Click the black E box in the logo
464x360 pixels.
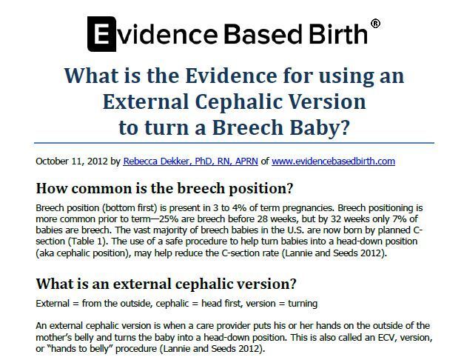(x=101, y=34)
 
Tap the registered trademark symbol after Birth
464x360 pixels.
(x=375, y=24)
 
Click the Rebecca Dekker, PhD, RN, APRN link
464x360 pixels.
(x=191, y=161)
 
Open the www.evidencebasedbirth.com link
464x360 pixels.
(x=333, y=161)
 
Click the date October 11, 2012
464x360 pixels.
(x=72, y=161)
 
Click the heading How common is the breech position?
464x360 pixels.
(x=164, y=188)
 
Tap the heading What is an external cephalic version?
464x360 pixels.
(x=166, y=284)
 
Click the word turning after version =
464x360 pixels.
(x=303, y=304)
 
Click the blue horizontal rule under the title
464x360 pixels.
(x=234, y=143)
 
